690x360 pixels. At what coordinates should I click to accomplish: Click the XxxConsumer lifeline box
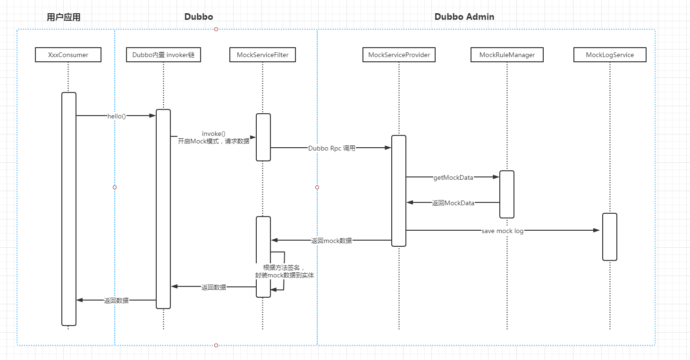coord(68,55)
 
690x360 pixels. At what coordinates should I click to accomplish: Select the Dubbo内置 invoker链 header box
coord(163,55)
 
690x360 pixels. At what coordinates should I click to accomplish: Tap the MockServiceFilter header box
coord(262,55)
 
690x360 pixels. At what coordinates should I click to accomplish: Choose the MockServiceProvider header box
coord(399,55)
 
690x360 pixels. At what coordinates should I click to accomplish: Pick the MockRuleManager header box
coord(507,55)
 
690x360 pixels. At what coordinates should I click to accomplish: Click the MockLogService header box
coord(609,55)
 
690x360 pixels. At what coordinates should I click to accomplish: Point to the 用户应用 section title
coord(64,17)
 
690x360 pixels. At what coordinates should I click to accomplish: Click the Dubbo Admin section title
coord(464,17)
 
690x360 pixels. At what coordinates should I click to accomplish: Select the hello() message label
coord(116,116)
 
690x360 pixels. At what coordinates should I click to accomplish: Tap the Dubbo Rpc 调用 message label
coord(331,148)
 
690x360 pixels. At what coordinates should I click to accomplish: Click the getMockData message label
coord(453,177)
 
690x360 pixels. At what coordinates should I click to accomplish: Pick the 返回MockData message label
coord(453,203)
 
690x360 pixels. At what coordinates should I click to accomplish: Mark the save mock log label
coord(502,231)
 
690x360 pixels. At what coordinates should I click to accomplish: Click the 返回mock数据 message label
coord(331,241)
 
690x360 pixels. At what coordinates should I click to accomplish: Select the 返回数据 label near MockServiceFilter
coord(213,287)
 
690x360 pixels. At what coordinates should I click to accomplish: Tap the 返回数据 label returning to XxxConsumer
coord(116,300)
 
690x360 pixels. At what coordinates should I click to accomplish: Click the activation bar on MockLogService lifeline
coord(609,236)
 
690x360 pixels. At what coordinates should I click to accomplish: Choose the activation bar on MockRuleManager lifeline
coord(507,194)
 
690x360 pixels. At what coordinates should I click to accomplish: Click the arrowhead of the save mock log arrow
coord(596,230)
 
